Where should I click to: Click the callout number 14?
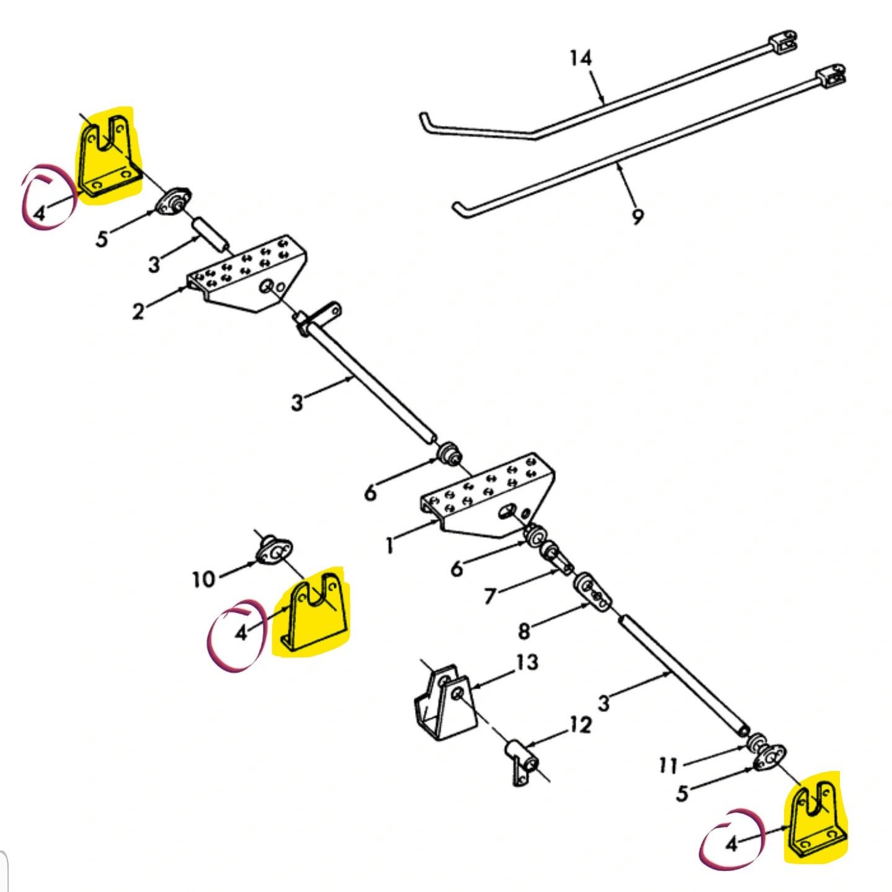(581, 59)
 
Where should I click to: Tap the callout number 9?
(638, 216)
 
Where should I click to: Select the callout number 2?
(138, 311)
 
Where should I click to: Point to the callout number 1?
(390, 545)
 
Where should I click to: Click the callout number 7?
(491, 596)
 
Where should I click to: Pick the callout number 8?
(524, 631)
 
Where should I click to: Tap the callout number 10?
(204, 579)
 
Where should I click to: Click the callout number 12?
(580, 725)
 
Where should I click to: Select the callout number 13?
(527, 662)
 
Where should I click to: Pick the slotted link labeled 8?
(592, 592)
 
